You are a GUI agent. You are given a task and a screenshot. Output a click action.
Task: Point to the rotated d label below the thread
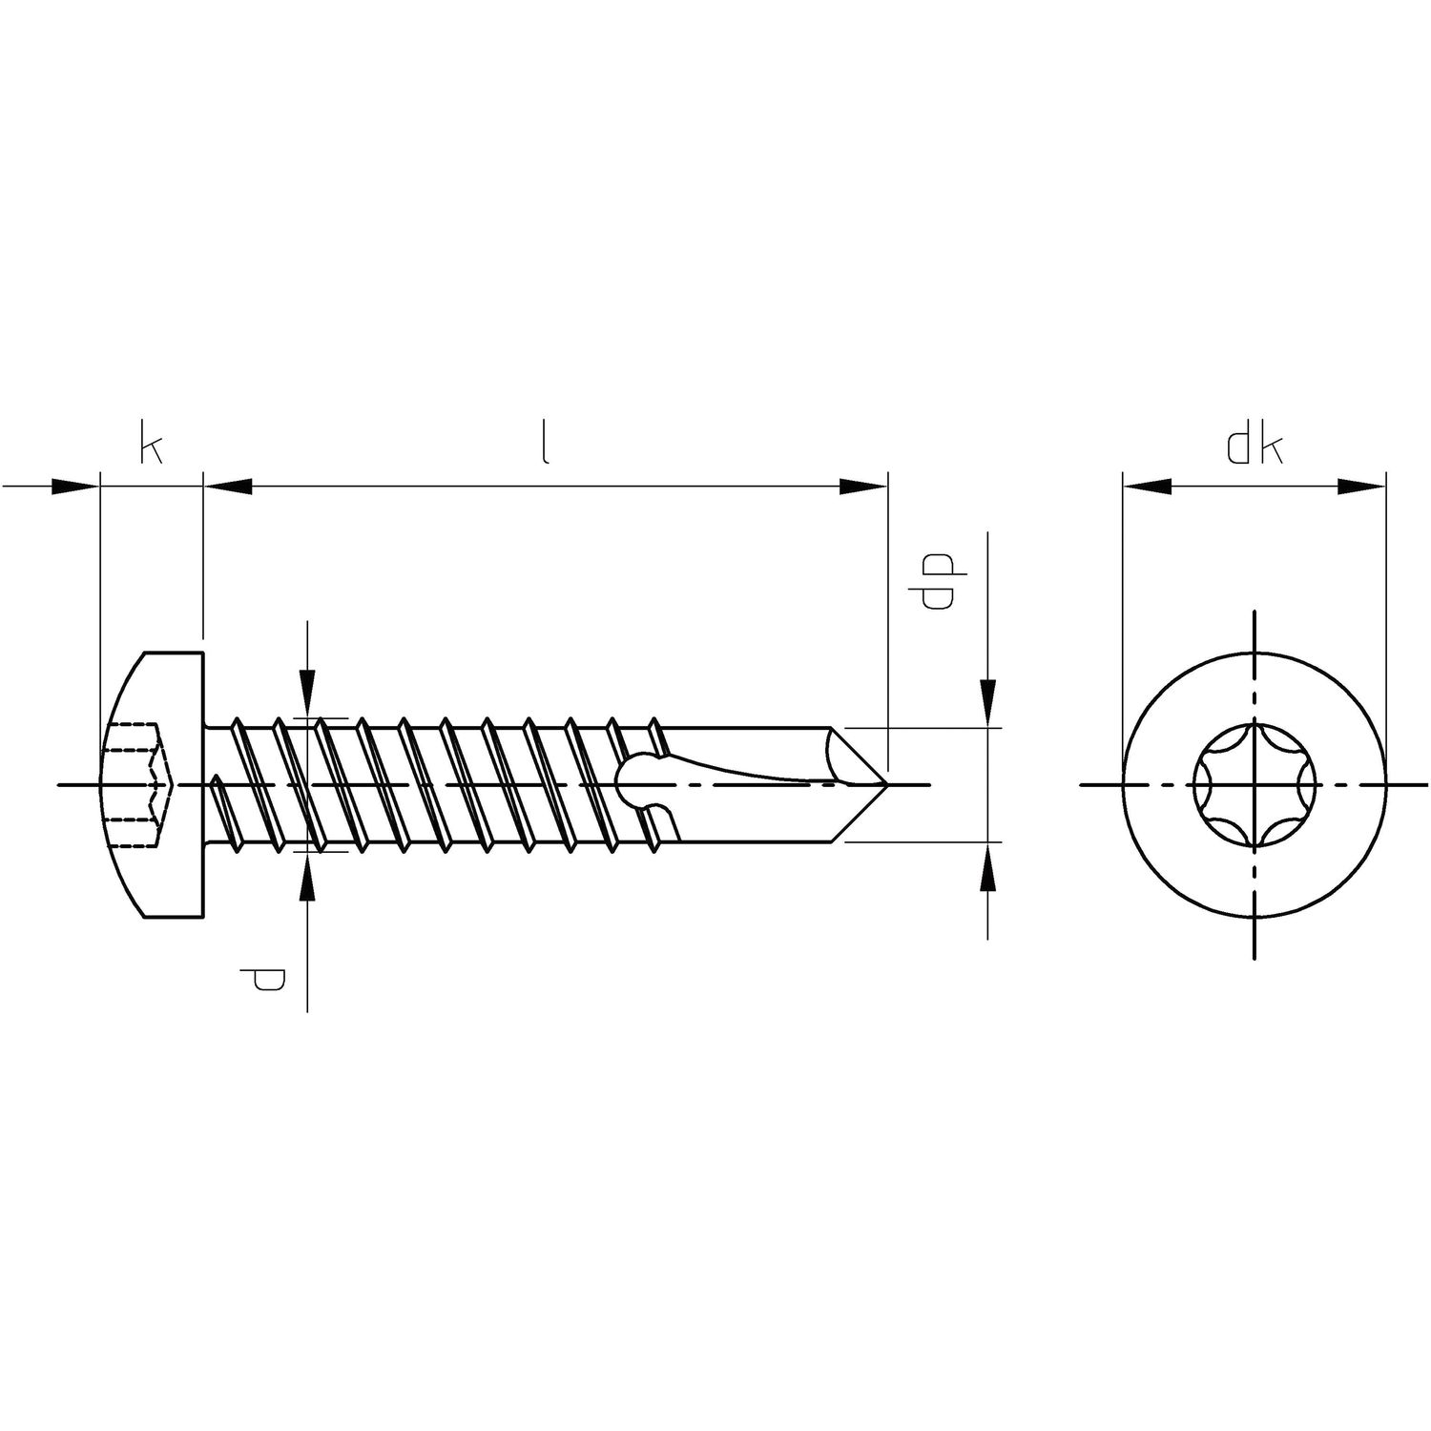click(x=267, y=979)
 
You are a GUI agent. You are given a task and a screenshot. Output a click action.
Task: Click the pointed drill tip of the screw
click(x=887, y=784)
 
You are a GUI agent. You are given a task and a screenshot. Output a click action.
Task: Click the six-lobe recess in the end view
click(x=1254, y=784)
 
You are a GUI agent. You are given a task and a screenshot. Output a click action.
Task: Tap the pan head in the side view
click(x=153, y=784)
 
